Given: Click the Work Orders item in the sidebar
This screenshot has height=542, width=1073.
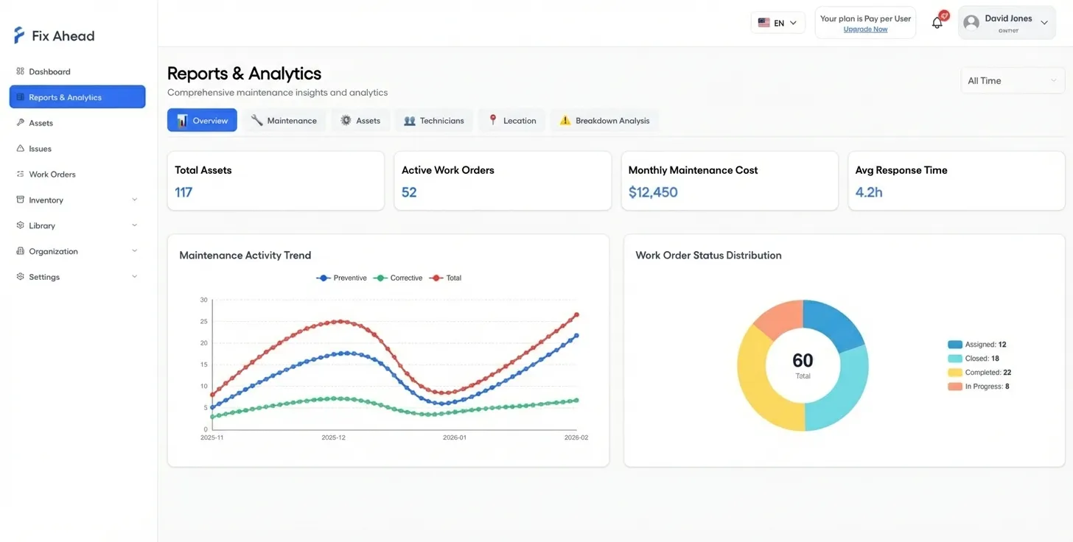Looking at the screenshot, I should (x=52, y=175).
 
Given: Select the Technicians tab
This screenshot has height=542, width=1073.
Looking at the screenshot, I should (x=434, y=121).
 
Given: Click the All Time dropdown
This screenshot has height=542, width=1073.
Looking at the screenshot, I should (x=1012, y=81).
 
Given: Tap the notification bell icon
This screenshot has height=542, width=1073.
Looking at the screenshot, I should (x=937, y=23).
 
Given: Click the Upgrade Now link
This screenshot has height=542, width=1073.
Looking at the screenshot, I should (x=865, y=29).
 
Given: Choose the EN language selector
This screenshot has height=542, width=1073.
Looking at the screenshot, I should (x=777, y=23).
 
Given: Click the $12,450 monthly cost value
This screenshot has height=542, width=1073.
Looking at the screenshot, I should (x=653, y=192).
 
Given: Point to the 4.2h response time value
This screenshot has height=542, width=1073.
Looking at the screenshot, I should (x=869, y=192).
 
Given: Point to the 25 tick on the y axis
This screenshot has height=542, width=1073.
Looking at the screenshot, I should (x=204, y=322).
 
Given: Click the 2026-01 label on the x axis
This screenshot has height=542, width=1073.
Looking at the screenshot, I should (x=455, y=437).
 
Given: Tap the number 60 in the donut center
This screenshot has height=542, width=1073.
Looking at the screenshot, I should (x=803, y=360).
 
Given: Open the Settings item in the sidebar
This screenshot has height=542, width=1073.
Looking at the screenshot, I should (x=44, y=277).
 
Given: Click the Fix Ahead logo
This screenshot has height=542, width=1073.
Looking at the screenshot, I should (x=55, y=35).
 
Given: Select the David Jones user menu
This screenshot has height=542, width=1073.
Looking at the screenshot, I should (x=1007, y=23).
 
